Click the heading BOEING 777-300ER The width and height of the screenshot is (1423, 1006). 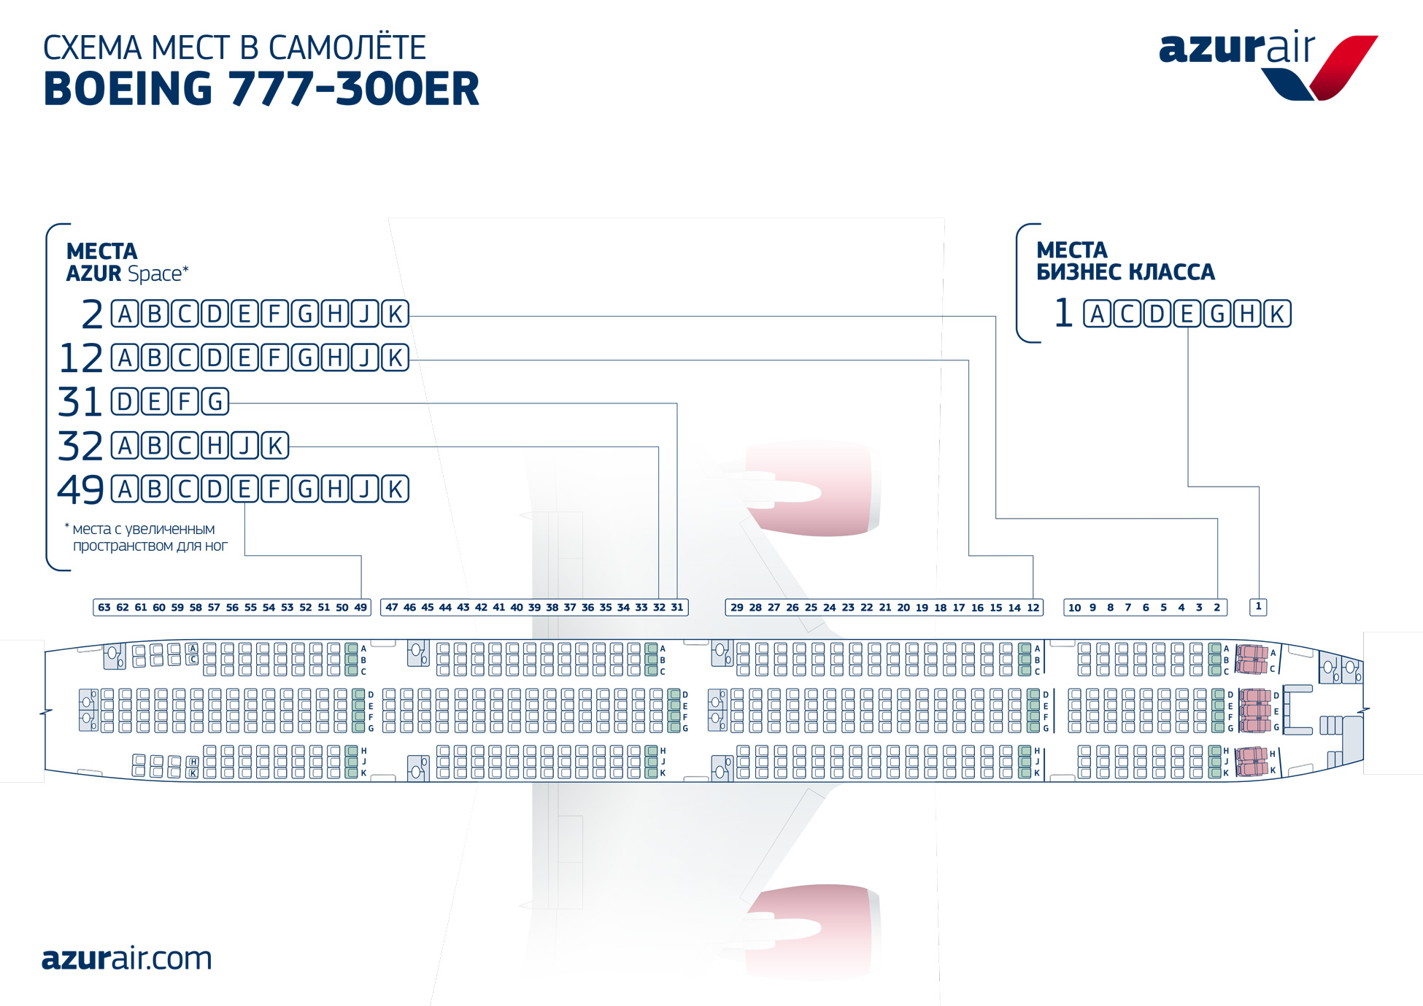261,89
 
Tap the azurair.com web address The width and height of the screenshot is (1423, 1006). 126,958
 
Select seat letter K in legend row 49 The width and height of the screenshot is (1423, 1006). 395,489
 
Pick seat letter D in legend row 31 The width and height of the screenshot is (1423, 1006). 125,401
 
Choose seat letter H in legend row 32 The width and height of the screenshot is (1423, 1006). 215,445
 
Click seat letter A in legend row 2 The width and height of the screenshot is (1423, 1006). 125,314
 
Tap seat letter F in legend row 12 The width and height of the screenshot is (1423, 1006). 274,357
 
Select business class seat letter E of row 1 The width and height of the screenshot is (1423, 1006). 1187,314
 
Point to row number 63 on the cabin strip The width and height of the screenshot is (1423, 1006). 104,607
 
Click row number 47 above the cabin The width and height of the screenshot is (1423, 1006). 392,607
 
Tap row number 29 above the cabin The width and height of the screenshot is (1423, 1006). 737,607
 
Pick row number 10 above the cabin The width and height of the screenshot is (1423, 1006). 1074,607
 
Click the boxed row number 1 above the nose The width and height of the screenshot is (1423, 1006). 1258,606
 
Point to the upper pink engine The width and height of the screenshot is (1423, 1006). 810,488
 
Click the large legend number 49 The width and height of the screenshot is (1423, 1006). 80,490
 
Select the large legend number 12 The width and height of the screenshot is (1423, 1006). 80,358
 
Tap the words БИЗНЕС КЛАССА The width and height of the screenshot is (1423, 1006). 1125,272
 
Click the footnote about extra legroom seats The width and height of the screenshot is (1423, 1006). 147,537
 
